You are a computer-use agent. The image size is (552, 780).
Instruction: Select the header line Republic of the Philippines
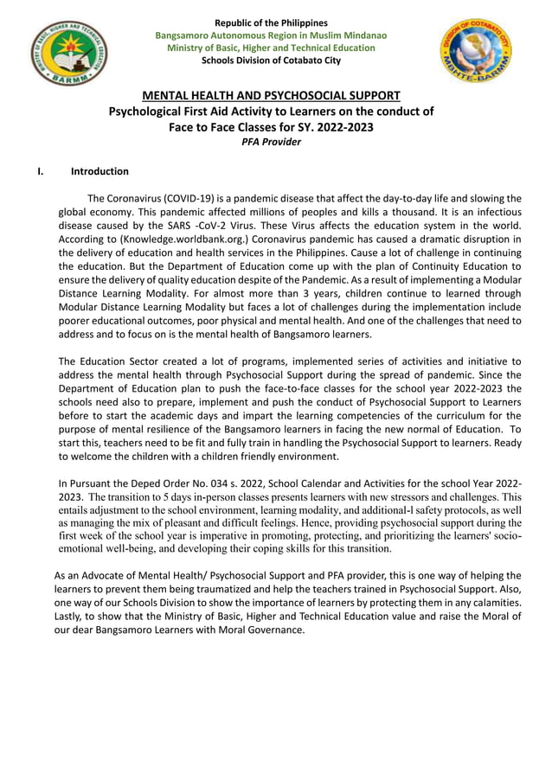point(271,22)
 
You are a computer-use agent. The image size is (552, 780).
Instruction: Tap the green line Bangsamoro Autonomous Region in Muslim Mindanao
point(271,35)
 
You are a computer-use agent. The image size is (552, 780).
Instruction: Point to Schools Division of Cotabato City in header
point(271,60)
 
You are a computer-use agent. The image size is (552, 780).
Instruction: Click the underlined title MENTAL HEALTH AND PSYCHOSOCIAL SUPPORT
point(271,95)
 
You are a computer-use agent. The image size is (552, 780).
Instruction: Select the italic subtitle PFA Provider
point(271,142)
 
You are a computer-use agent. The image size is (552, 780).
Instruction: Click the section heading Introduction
point(99,171)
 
